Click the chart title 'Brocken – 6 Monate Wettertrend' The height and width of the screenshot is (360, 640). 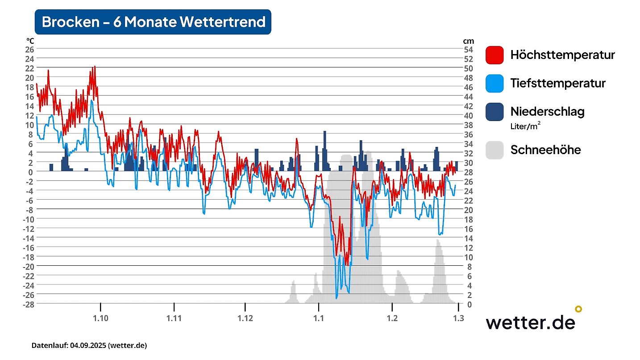[x=153, y=22]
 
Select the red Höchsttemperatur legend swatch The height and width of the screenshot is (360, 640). [x=495, y=55]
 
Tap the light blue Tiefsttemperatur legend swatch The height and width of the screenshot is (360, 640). [x=495, y=83]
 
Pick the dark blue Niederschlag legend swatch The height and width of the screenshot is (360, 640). [x=495, y=111]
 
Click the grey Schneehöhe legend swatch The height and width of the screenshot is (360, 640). [x=495, y=150]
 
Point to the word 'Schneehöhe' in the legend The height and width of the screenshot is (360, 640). [x=545, y=150]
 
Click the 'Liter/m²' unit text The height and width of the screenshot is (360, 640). [x=526, y=126]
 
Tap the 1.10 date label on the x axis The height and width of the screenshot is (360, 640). [x=101, y=318]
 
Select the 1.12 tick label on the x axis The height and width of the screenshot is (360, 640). [x=245, y=318]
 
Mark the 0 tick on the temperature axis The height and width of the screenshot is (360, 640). [x=31, y=172]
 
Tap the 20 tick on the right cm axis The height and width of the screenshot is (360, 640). [x=469, y=209]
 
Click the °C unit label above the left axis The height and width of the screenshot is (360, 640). [x=30, y=41]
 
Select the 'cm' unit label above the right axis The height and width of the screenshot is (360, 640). [x=468, y=41]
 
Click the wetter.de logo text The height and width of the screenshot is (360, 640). [x=530, y=322]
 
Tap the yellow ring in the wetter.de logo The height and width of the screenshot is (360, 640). [x=578, y=309]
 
